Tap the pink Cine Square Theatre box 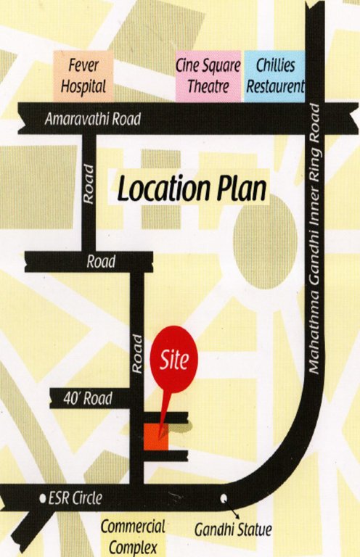[208, 76]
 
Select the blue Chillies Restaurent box [274, 76]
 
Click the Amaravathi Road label [92, 119]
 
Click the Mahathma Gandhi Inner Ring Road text [314, 239]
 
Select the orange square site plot [155, 437]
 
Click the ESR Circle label [75, 498]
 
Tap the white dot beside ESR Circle [41, 499]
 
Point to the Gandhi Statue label [232, 530]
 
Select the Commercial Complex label [133, 537]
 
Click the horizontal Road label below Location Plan [101, 262]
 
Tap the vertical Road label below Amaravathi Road [89, 182]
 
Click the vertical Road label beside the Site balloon [136, 353]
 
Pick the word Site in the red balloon [173, 358]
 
